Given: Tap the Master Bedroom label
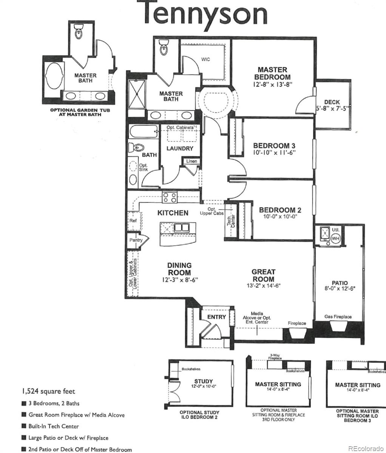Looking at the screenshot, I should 272,73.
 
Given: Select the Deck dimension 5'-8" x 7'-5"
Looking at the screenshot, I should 332,108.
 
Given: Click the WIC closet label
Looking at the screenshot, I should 205,60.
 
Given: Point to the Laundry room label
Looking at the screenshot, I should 180,148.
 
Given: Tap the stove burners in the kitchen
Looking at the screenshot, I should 170,197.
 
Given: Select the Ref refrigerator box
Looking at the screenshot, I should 133,221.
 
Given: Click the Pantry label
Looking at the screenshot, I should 136,240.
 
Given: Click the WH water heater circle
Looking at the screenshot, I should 336,239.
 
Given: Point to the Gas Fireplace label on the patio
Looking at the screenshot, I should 338,317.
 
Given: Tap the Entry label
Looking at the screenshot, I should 216,317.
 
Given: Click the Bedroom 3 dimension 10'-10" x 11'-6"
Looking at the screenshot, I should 274,153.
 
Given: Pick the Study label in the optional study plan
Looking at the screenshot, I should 204,381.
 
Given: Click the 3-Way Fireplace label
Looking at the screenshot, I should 275,357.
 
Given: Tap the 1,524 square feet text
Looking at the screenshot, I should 48,391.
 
